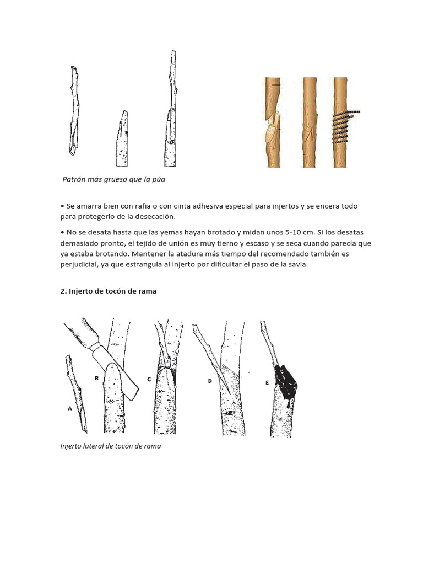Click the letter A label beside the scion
69,409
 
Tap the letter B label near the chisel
96,379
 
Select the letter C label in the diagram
149,379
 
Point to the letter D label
210,381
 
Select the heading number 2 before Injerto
63,291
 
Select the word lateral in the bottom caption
97,446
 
